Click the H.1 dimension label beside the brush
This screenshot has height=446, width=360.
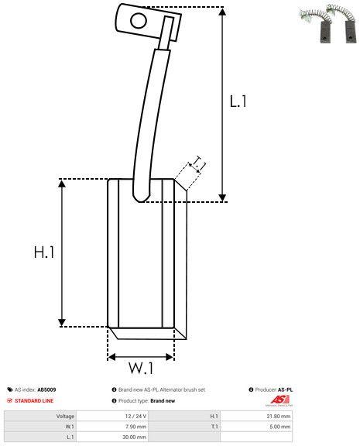point(43,252)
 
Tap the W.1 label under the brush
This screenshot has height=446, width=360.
point(140,366)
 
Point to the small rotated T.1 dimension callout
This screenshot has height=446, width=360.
point(197,163)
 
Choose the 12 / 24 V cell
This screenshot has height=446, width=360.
point(135,416)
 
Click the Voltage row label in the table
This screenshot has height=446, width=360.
point(65,416)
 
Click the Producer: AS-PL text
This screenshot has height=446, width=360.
point(273,389)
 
